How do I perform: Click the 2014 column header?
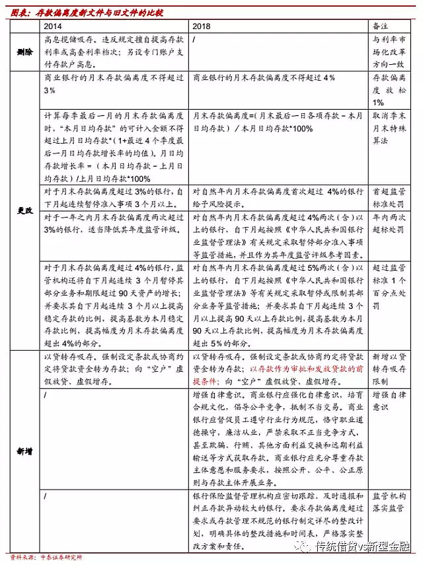click(54, 26)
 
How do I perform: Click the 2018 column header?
click(202, 26)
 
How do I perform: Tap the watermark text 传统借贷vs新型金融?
click(363, 547)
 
